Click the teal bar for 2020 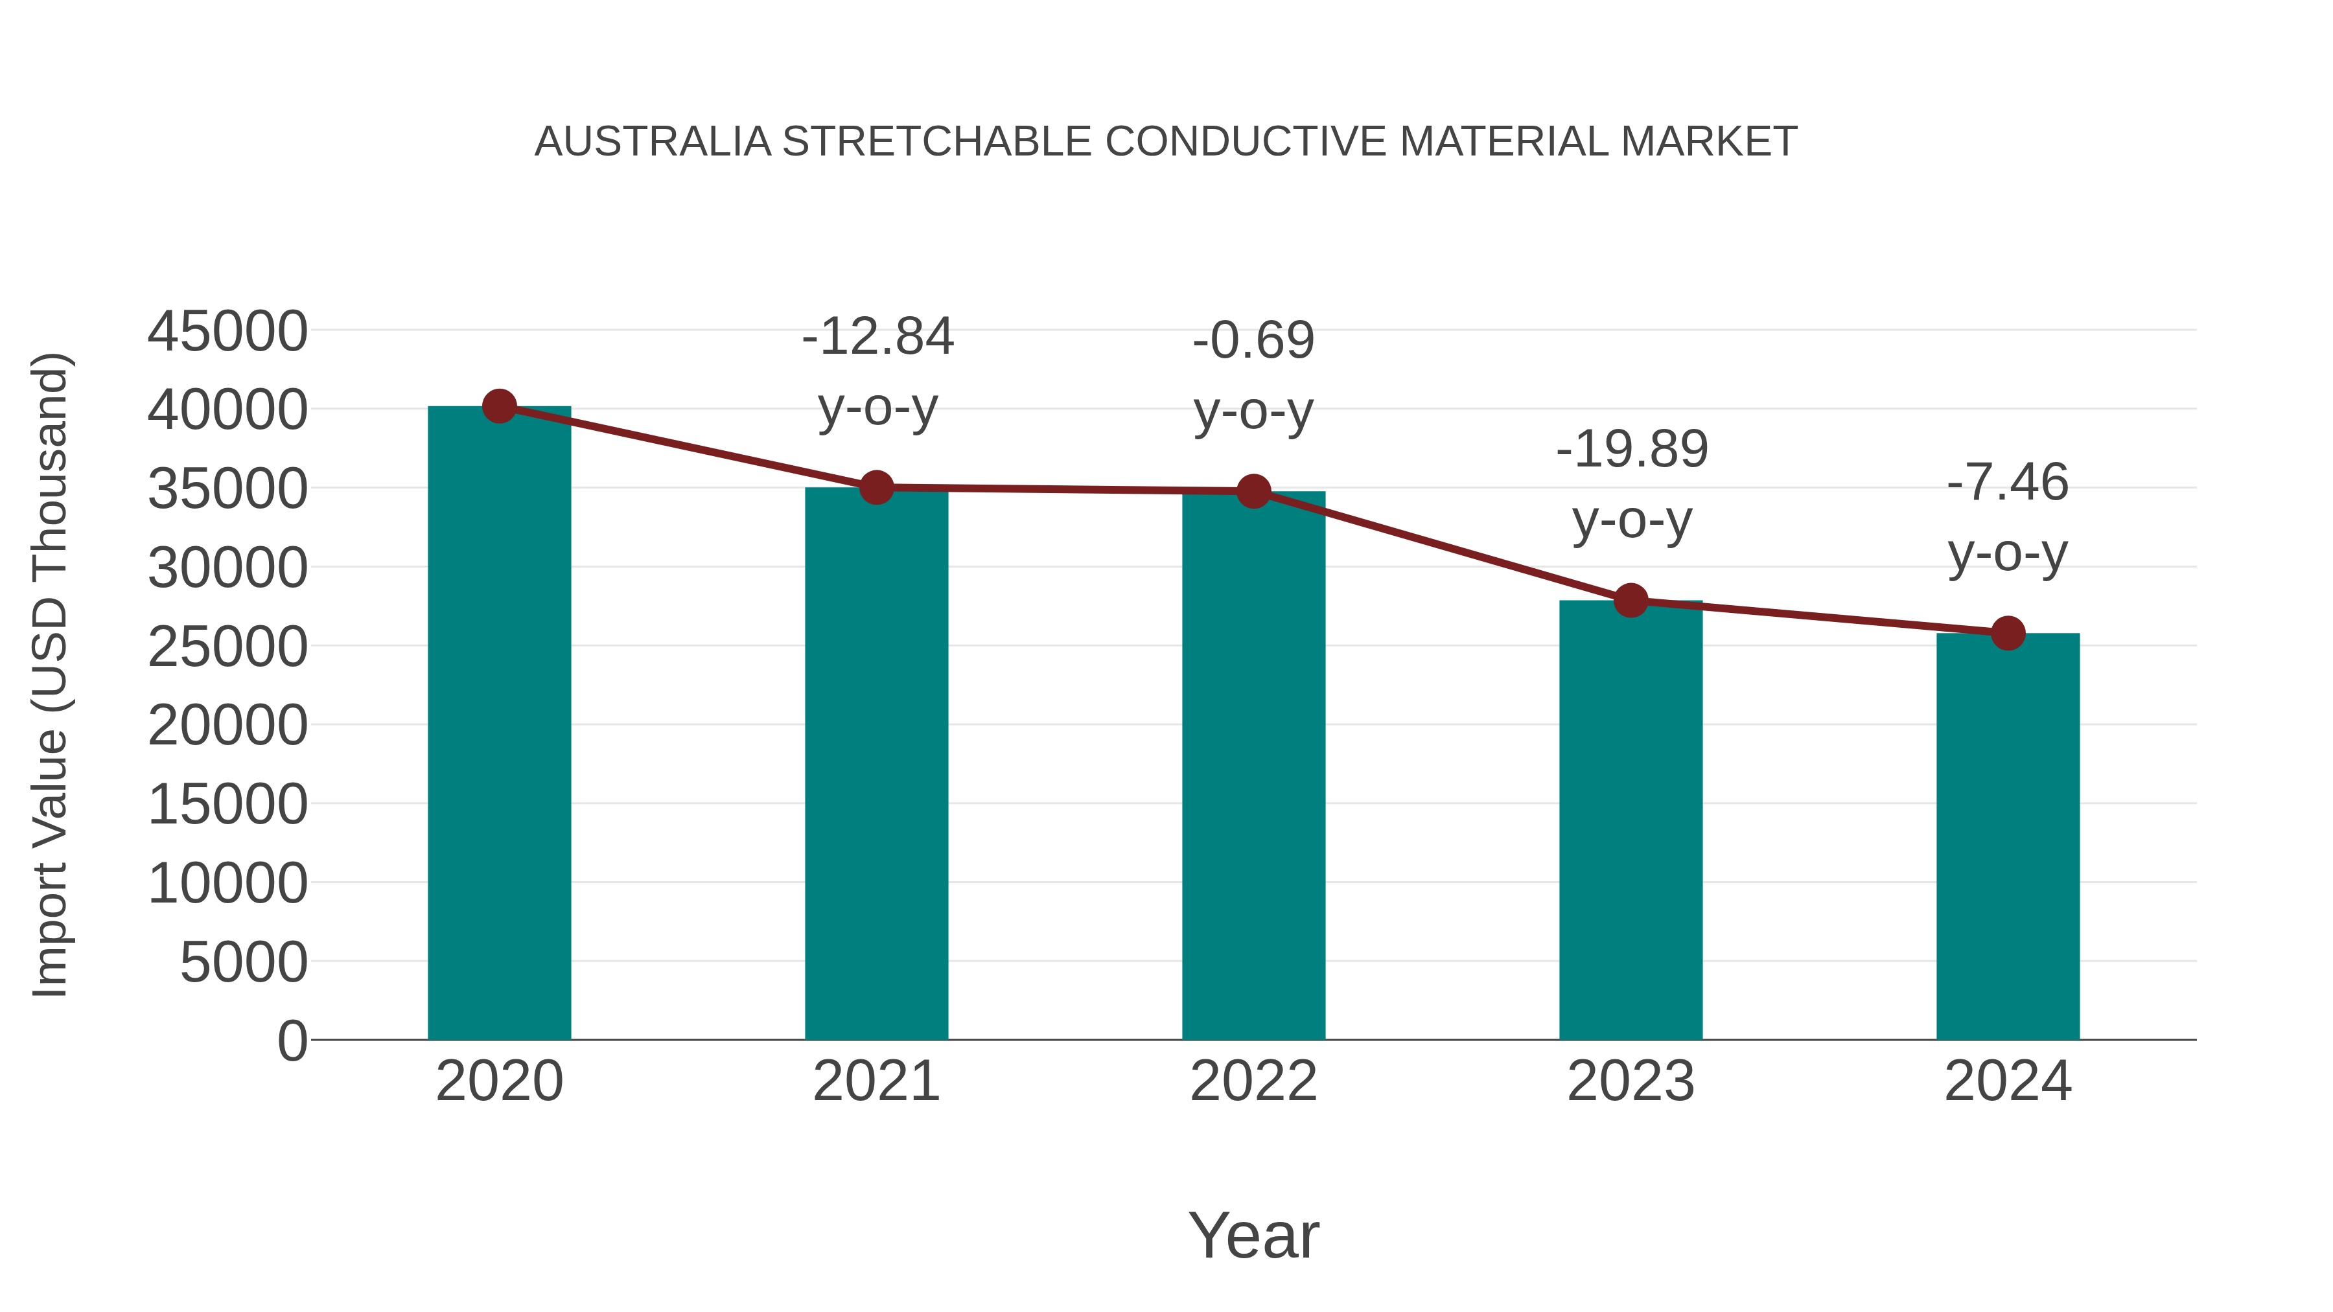499,724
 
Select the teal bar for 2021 876,765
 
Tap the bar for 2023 1631,820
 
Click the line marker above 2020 499,406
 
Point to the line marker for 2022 1253,492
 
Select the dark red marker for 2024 2008,633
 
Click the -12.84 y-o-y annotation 877,371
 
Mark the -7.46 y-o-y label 2008,517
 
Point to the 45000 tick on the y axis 227,330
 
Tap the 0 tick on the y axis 292,1041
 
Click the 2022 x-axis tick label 1253,1081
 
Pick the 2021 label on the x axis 876,1081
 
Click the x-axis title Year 1253,1235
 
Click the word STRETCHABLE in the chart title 936,142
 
